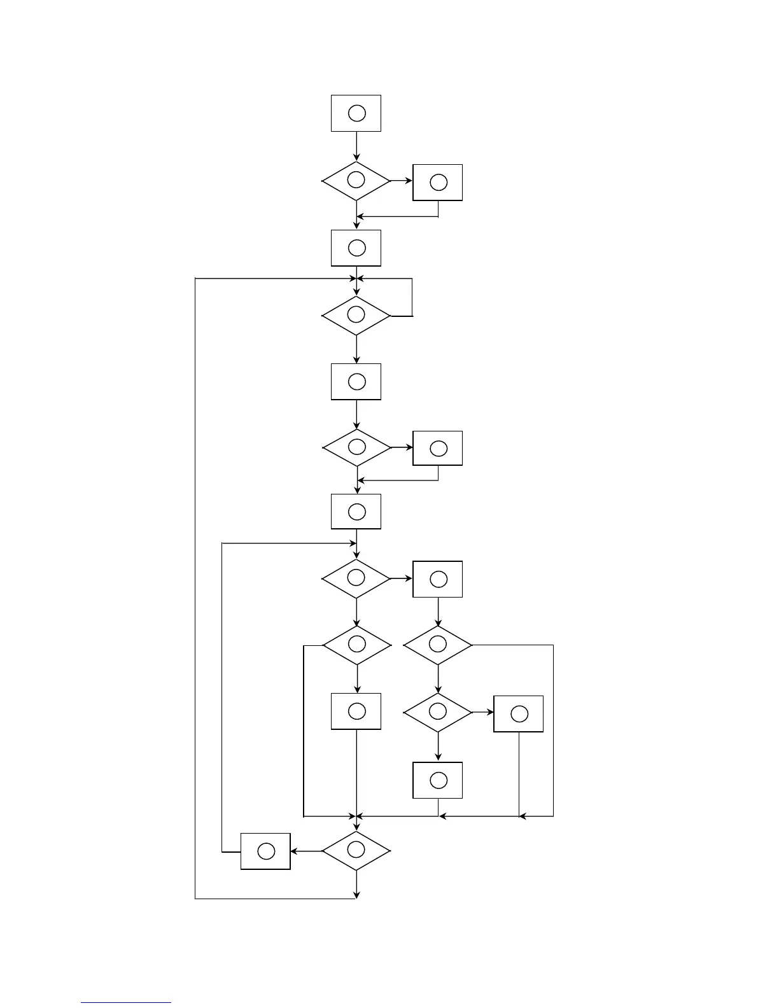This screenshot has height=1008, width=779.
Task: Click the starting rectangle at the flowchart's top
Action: point(356,113)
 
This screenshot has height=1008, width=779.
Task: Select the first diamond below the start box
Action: point(356,181)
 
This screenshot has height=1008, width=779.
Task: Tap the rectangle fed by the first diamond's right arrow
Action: point(438,183)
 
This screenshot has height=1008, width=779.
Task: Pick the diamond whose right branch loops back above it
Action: point(356,316)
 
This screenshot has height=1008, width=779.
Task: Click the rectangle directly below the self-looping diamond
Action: point(356,382)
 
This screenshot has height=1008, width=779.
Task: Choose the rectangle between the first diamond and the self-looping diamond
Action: point(356,248)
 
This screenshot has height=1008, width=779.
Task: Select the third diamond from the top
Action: point(356,448)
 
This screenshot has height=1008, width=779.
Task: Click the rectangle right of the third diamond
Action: point(438,449)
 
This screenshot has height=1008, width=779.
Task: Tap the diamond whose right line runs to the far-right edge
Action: point(438,645)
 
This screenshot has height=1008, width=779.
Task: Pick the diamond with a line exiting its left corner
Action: point(356,645)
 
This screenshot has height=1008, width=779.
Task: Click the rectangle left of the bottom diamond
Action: point(265,851)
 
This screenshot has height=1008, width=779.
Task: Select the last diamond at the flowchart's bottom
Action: point(356,851)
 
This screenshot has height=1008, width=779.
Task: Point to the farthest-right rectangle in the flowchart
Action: point(519,714)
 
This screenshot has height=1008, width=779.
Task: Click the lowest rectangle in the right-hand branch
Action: point(438,780)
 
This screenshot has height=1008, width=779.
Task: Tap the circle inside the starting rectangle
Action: point(357,113)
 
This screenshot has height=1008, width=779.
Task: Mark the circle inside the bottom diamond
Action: point(356,849)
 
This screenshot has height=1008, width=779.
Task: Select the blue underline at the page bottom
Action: point(126,1003)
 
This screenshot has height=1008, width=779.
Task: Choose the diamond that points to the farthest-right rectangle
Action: point(438,713)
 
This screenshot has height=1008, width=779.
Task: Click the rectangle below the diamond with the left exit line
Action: point(356,711)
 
